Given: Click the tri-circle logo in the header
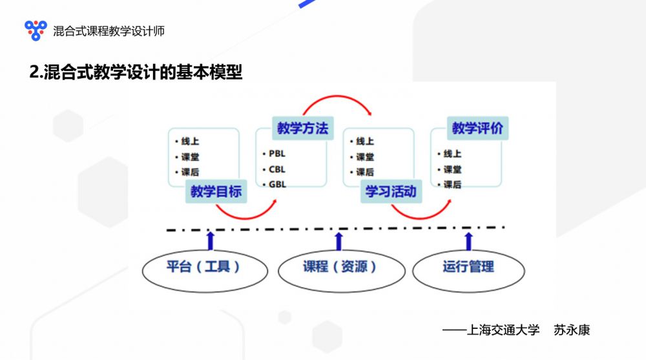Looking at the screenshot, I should point(36,30).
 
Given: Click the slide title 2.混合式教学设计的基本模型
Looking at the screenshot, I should point(136,72).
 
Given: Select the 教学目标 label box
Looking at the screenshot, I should point(216,191).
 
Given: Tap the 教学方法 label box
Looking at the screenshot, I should point(302,128).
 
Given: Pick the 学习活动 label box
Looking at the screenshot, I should point(391,191).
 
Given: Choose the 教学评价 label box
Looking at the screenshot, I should point(477,128).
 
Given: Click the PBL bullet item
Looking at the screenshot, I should point(276,154).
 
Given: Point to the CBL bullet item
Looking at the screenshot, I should point(276,169).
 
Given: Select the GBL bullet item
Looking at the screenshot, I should point(276,184).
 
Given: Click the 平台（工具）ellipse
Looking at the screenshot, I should point(203,266).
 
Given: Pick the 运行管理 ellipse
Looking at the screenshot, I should point(468,266).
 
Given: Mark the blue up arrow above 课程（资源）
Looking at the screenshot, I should point(339,240).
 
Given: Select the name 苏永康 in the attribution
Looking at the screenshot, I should point(572,330).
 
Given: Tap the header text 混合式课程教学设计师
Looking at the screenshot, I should point(109,30).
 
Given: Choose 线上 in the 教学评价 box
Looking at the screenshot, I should point(452,154).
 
